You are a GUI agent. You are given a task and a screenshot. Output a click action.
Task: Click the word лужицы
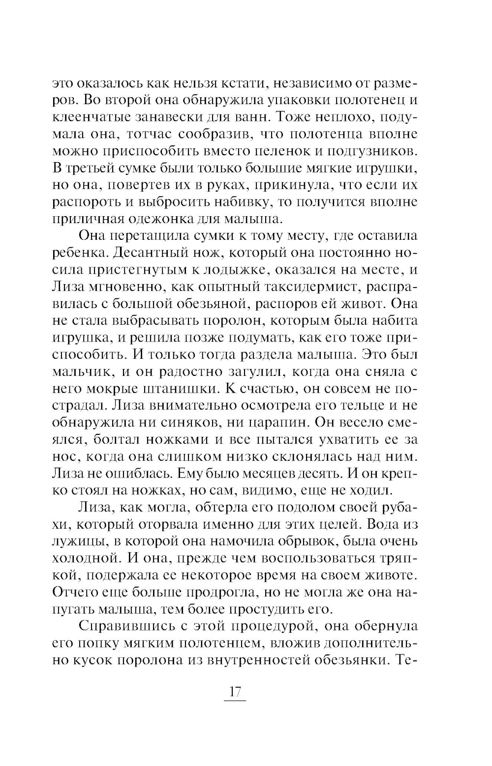74,541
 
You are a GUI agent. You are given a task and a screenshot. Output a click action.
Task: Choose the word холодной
84,559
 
